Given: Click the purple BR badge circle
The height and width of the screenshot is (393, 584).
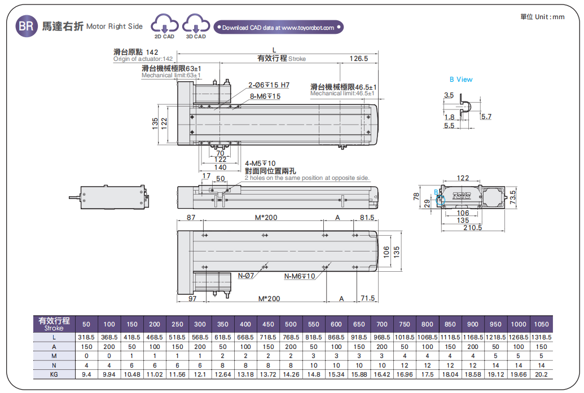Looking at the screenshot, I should (x=27, y=26).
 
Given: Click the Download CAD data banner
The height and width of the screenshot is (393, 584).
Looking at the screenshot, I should (x=278, y=27).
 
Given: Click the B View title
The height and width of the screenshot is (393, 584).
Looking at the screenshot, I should (x=461, y=80).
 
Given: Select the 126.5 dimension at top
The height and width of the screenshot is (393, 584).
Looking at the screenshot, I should (x=358, y=58).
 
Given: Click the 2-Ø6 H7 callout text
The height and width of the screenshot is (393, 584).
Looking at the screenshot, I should (x=269, y=85).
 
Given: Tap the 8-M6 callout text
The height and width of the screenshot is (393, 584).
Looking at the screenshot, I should (x=265, y=96).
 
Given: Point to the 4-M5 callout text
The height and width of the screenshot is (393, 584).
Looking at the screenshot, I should (x=260, y=164).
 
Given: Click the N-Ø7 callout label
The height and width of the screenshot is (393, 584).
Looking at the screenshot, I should (x=246, y=276).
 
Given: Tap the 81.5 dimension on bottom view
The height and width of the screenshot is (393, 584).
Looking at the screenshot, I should (x=367, y=218).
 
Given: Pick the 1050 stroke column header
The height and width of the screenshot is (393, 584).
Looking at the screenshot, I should (x=541, y=324).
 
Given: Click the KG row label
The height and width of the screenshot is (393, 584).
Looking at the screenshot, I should (x=54, y=374).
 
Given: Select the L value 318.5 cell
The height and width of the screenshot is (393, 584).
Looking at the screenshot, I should (x=86, y=337).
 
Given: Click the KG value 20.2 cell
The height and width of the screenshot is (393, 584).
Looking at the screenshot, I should (x=541, y=374).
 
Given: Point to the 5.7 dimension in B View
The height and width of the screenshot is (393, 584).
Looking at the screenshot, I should (x=486, y=117).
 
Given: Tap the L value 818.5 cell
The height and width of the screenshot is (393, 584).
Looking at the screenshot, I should (x=313, y=337).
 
